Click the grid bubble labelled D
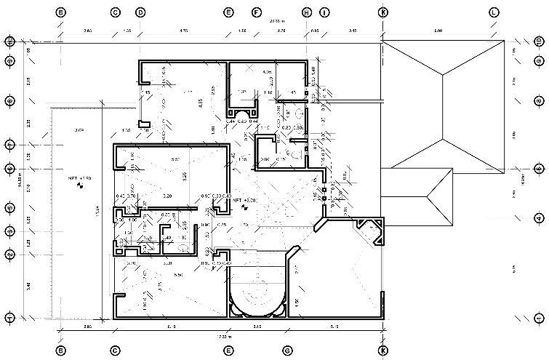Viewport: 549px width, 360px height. (x=140, y=12)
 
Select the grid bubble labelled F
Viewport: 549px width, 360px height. (x=256, y=12)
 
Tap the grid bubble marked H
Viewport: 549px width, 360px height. (x=307, y=12)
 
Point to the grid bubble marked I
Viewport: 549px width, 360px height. (x=324, y=12)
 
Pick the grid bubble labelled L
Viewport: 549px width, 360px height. (x=494, y=12)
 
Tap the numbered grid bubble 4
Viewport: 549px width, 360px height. (x=539, y=217)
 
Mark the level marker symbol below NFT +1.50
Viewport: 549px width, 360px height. (x=79, y=186)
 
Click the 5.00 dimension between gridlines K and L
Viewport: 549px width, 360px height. (x=438, y=31)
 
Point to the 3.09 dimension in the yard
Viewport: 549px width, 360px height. (x=79, y=129)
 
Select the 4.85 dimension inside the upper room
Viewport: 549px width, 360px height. (x=200, y=103)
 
